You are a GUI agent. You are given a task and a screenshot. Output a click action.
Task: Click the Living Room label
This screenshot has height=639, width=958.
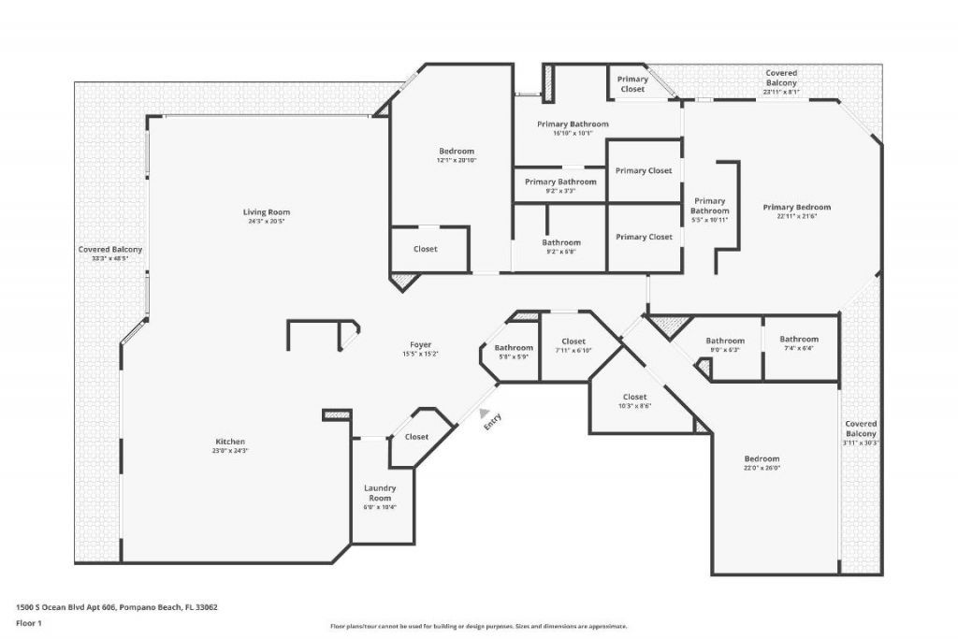tap(267, 212)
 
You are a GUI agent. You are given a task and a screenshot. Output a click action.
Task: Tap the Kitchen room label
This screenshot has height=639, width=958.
tap(229, 442)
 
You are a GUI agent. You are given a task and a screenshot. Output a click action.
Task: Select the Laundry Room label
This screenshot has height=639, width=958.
tap(379, 493)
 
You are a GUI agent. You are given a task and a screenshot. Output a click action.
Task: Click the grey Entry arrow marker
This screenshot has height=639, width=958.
tap(483, 412)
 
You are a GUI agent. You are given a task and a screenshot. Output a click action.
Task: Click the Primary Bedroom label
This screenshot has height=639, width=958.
tap(796, 208)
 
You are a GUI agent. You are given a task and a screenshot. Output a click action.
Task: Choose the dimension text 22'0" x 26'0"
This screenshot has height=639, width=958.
tap(762, 468)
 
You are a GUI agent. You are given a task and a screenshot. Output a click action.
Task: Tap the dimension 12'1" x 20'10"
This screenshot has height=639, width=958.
tap(457, 161)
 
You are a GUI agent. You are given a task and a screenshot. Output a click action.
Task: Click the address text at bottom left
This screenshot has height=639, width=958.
tap(117, 606)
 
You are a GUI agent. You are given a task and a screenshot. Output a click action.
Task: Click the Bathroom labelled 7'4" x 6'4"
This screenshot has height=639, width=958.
tap(799, 340)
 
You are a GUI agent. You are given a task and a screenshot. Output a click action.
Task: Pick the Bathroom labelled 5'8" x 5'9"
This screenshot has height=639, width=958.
tap(514, 348)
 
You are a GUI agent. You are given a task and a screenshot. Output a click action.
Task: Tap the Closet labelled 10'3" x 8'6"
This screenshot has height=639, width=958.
tap(634, 398)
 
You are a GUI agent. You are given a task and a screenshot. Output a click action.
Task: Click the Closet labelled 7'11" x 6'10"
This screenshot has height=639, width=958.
tap(573, 341)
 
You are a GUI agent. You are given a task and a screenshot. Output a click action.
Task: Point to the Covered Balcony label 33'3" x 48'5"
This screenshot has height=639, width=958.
tap(110, 250)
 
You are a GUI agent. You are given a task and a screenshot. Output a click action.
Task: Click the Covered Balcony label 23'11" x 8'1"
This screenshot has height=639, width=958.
tap(781, 78)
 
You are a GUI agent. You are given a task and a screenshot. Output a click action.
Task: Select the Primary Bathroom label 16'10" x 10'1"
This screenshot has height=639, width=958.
tap(573, 124)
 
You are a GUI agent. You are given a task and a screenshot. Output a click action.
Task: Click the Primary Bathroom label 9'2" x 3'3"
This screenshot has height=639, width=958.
tap(560, 182)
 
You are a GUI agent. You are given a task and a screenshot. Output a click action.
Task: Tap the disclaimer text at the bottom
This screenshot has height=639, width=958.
tap(478, 627)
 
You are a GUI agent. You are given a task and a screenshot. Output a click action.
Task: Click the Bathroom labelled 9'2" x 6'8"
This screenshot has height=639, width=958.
tap(561, 242)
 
